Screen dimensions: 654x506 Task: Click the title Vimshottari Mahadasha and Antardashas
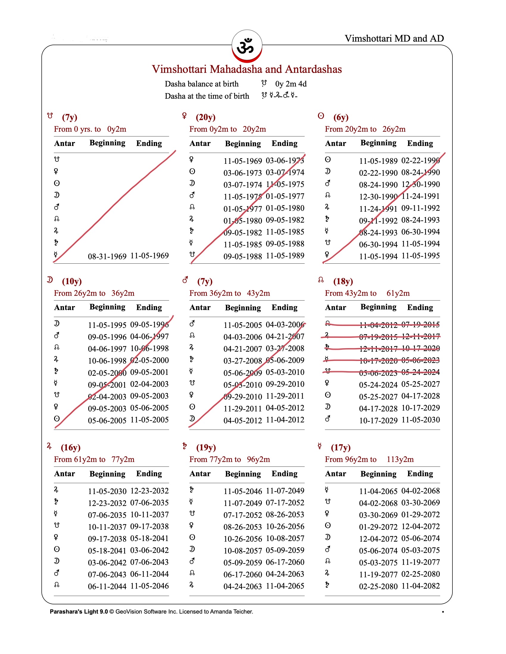[246, 69]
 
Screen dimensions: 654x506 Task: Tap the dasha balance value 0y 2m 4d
[291, 84]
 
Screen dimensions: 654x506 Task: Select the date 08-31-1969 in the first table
[107, 256]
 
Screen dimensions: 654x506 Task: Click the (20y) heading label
[205, 117]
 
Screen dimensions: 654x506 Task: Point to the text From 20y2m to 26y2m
[365, 129]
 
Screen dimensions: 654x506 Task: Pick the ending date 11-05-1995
[420, 256]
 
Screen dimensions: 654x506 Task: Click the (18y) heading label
[343, 281]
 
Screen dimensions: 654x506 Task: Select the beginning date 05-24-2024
[378, 385]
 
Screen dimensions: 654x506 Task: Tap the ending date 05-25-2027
[420, 384]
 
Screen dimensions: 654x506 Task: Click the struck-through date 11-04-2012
[378, 325]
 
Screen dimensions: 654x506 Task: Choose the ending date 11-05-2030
[420, 420]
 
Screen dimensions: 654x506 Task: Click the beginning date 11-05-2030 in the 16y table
[107, 491]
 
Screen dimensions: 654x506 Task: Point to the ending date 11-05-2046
[149, 586]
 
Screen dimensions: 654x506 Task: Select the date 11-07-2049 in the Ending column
[285, 491]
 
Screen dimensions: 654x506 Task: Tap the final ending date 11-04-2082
[420, 586]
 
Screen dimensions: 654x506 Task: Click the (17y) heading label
[340, 447]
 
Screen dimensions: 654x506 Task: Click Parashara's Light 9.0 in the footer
[79, 612]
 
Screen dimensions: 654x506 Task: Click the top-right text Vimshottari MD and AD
[394, 38]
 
